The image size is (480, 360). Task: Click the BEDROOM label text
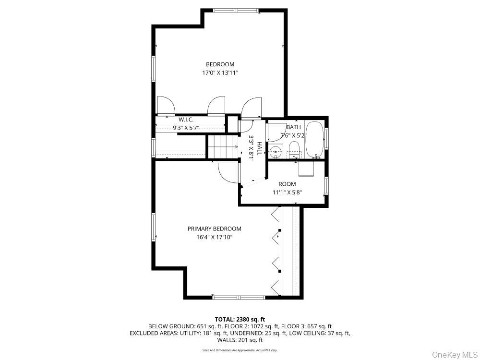pyautogui.click(x=220, y=64)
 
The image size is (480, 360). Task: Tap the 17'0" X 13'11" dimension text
pyautogui.click(x=220, y=73)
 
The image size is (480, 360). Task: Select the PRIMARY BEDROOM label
pyautogui.click(x=214, y=229)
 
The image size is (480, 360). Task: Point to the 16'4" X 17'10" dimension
pyautogui.click(x=214, y=237)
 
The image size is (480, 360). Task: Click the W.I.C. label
pyautogui.click(x=186, y=120)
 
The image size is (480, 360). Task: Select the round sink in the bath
pyautogui.click(x=275, y=152)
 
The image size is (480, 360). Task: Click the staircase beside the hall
pyautogui.click(x=223, y=146)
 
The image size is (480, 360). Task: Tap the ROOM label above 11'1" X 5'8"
pyautogui.click(x=288, y=184)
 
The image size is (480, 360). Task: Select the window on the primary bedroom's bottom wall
pyautogui.click(x=239, y=298)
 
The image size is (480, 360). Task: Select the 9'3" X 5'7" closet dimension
pyautogui.click(x=186, y=128)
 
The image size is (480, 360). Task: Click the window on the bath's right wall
pyautogui.click(x=326, y=138)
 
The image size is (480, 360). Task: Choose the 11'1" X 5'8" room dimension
pyautogui.click(x=288, y=192)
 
